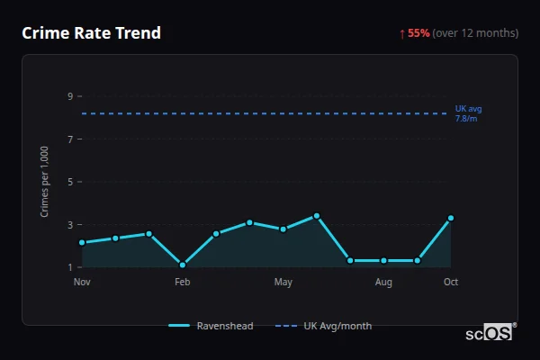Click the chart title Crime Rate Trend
(x=91, y=33)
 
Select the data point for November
(x=82, y=243)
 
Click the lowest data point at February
(x=183, y=265)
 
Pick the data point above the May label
(x=283, y=229)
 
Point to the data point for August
(x=383, y=260)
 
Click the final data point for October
(x=451, y=218)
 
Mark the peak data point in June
(x=317, y=216)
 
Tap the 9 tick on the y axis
(x=69, y=96)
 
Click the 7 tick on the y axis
(x=69, y=139)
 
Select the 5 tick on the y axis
(x=69, y=182)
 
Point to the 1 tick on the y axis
(x=69, y=267)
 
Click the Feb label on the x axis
(x=183, y=283)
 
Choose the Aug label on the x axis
(x=383, y=283)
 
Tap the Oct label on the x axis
(x=451, y=283)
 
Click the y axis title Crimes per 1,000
(x=45, y=181)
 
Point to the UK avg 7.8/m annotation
(x=468, y=113)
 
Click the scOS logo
(x=489, y=333)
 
